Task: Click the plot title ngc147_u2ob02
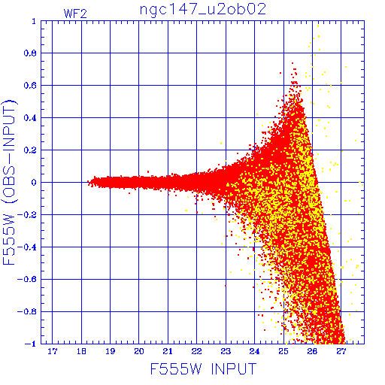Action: tap(203, 10)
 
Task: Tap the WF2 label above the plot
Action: tap(75, 14)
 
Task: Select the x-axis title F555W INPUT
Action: tap(203, 368)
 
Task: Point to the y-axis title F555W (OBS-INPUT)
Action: tap(9, 182)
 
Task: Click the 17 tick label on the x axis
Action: tap(53, 351)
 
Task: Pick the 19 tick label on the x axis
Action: tap(111, 351)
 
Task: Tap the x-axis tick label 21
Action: tap(168, 351)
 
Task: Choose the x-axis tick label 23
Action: tap(226, 351)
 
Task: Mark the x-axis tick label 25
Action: tap(283, 351)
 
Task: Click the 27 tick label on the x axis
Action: tap(341, 351)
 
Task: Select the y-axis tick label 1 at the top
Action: tap(34, 21)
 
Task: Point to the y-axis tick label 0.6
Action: tap(30, 86)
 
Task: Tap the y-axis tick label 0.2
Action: tap(30, 150)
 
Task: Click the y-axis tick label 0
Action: tap(34, 183)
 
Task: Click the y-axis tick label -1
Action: tap(30, 344)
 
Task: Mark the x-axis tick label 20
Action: tap(139, 351)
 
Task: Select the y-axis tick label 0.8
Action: tap(30, 53)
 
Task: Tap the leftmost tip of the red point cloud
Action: tap(87, 182)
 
